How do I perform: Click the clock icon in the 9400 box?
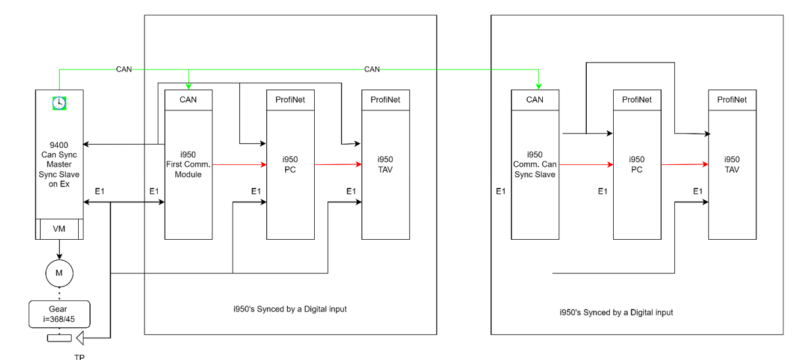(x=59, y=102)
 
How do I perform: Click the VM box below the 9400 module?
(x=59, y=229)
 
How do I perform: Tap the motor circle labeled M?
(x=59, y=272)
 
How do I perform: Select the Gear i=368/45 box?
(x=59, y=313)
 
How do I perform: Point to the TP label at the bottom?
(x=80, y=357)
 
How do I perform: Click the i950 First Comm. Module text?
(x=189, y=165)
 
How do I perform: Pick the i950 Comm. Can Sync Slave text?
(x=535, y=165)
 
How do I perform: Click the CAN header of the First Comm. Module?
(x=189, y=100)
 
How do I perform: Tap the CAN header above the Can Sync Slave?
(x=535, y=100)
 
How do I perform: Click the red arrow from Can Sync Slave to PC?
(x=586, y=165)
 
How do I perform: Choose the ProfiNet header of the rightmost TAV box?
(x=732, y=100)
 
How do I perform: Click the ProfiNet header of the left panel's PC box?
(x=290, y=100)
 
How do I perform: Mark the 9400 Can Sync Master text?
(x=59, y=158)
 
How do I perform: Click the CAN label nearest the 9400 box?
(x=124, y=69)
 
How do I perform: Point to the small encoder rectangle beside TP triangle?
(x=58, y=338)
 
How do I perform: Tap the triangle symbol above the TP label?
(x=81, y=338)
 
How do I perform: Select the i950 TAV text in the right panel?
(x=732, y=164)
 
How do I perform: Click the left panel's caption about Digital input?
(x=290, y=309)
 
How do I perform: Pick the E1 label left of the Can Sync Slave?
(x=501, y=191)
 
